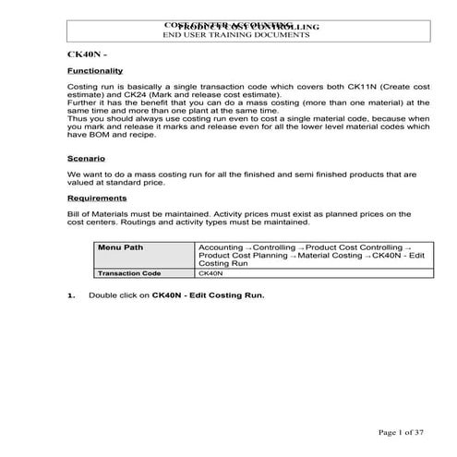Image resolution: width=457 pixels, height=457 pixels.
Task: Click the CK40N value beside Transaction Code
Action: click(210, 273)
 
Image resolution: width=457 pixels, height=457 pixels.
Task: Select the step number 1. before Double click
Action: click(70, 295)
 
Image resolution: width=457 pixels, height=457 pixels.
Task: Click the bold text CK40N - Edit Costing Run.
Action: click(209, 295)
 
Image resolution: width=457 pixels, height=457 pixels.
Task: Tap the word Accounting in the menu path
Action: click(222, 247)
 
